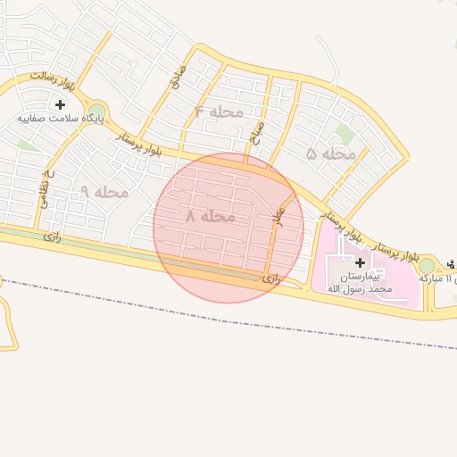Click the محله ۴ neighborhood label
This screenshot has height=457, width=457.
[x=218, y=112]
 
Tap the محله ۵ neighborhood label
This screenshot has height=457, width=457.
[x=330, y=154]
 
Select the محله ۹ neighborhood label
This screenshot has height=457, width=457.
[x=104, y=192]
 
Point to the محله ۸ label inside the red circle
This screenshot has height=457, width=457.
[x=211, y=216]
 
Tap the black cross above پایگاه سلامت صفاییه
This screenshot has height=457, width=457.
[x=60, y=104]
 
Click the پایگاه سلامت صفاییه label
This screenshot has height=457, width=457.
[x=62, y=118]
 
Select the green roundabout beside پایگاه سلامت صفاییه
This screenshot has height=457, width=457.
[x=96, y=111]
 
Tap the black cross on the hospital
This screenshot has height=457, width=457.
[x=360, y=262]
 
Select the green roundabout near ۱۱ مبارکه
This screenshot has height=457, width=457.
[x=428, y=264]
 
